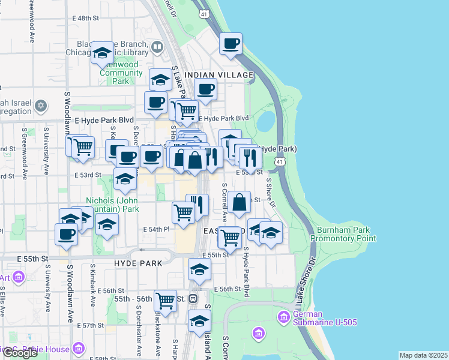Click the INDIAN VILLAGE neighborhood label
219,75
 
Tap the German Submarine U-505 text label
325,318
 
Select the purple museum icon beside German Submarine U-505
284,316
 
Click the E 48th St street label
83,18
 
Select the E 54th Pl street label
157,229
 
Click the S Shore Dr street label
271,193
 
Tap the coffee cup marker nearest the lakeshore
231,44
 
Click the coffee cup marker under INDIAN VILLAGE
205,90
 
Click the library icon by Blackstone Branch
157,46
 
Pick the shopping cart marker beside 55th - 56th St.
165,301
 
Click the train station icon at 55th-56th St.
193,298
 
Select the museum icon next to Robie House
78,348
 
